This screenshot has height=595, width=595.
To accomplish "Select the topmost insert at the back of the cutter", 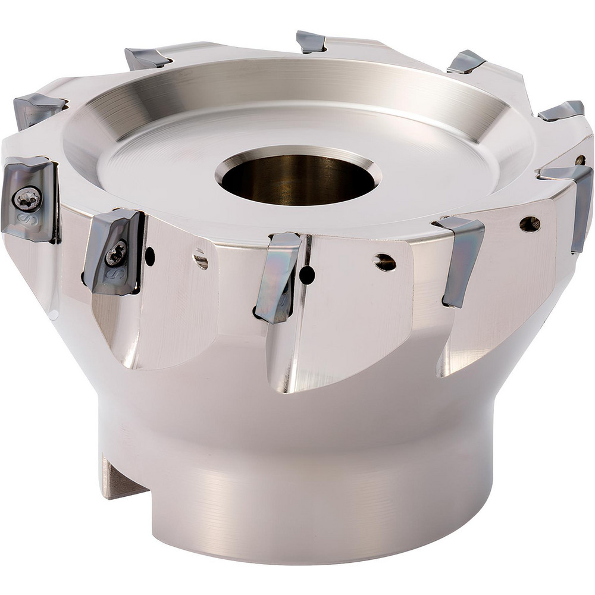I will coord(311,42).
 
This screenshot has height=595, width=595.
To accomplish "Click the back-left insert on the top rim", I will coord(147,58).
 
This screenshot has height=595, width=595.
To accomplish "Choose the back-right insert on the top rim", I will coord(466,62).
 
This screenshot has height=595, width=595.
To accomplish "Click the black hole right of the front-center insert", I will coord(306,275).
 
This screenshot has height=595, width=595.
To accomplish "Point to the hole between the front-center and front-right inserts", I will coord(385,262).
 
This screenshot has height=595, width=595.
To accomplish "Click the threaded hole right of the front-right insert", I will coord(529,224).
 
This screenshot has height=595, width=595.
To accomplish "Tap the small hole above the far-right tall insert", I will coord(580,159).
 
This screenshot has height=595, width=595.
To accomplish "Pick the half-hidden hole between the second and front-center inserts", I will coord(201,260).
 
